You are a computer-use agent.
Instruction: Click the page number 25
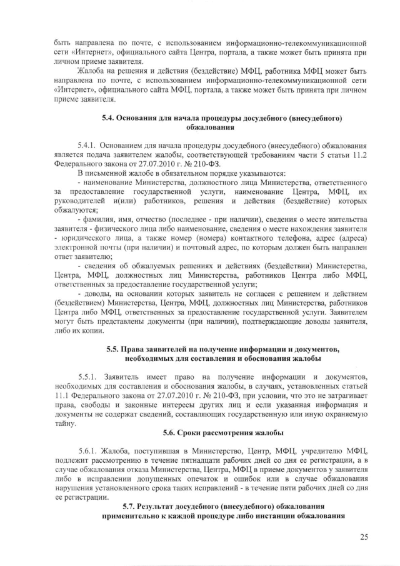tap(364, 536)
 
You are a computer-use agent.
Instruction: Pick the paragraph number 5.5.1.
tap(90, 377)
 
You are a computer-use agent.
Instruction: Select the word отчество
tap(152, 219)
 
